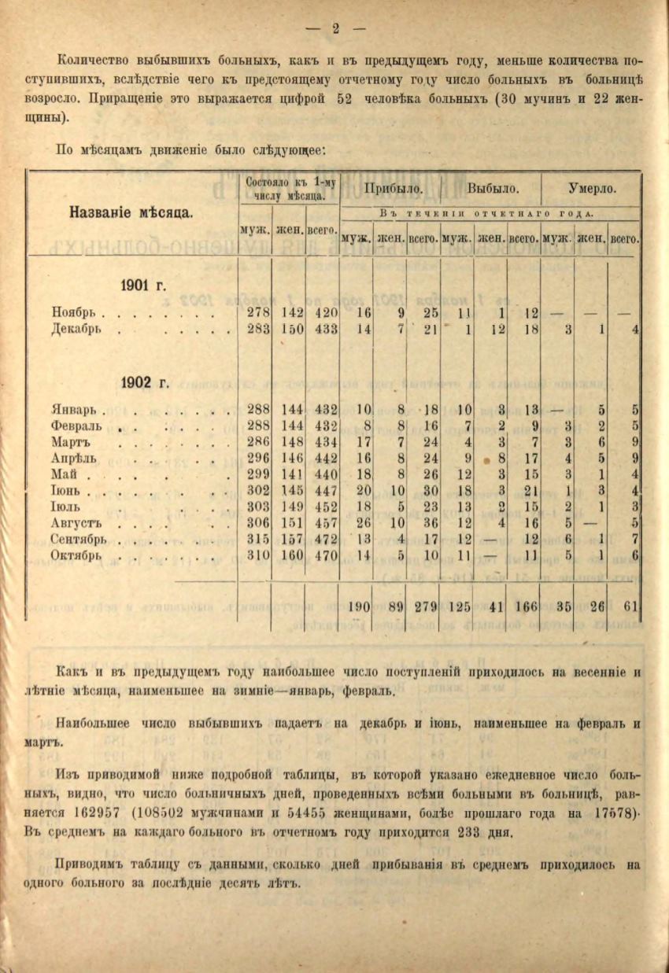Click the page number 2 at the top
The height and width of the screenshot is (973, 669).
coord(334,29)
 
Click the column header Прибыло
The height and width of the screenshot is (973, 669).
coord(392,190)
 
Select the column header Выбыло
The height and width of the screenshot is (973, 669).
coord(492,190)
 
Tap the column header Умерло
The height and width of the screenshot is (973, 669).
coord(592,190)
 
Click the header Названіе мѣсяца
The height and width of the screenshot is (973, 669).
coord(132,213)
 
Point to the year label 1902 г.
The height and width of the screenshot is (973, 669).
coord(146,383)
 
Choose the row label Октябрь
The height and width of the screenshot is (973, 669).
coord(79,556)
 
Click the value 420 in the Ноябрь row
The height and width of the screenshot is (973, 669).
coord(326,313)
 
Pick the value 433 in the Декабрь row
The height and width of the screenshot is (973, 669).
coord(326,330)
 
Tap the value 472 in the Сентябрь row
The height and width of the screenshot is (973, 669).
coord(326,540)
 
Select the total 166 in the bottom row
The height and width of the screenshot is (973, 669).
coord(524,606)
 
